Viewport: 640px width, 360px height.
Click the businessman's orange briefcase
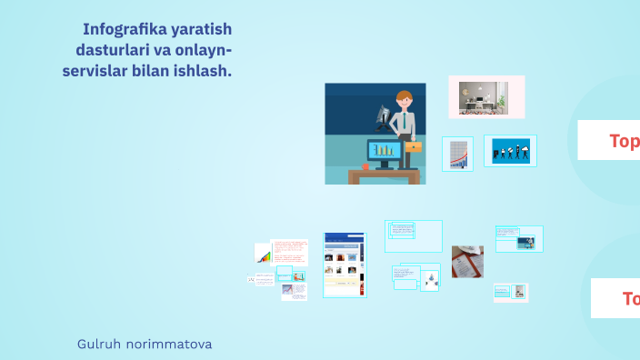pyautogui.click(x=413, y=145)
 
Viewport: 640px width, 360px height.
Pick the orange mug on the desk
pyautogui.click(x=365, y=166)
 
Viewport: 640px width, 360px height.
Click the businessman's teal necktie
pyautogui.click(x=403, y=125)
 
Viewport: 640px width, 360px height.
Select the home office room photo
pyautogui.click(x=486, y=96)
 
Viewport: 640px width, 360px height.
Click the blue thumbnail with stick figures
pyautogui.click(x=511, y=151)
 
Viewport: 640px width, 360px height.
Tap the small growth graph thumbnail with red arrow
pyautogui.click(x=457, y=154)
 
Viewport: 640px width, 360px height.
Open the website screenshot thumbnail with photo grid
pyautogui.click(x=345, y=265)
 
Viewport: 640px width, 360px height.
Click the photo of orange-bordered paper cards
pyautogui.click(x=467, y=262)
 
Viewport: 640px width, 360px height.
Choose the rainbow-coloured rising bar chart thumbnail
pyautogui.click(x=263, y=254)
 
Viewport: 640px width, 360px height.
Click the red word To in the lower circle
pyautogui.click(x=630, y=298)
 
